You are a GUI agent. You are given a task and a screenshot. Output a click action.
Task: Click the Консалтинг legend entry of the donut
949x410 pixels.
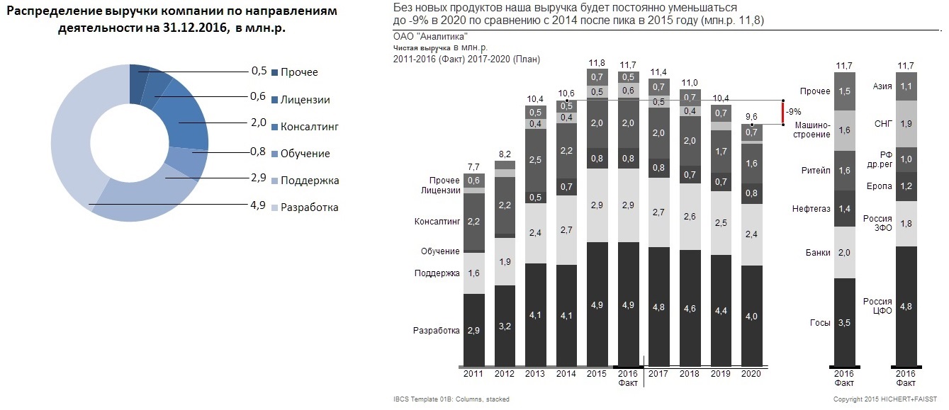[x=310, y=127]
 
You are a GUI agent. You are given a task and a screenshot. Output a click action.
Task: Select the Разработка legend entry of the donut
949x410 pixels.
[x=309, y=207]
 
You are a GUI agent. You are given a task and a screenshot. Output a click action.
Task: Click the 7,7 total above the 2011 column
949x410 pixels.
[x=473, y=167]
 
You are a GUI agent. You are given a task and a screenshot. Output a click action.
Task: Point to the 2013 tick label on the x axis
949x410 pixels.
[x=535, y=373]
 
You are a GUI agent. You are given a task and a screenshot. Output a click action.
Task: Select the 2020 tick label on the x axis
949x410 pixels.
[x=751, y=373]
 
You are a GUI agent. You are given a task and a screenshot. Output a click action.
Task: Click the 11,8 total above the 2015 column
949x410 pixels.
[x=597, y=62]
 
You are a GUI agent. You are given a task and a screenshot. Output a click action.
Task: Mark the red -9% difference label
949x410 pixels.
[x=794, y=111]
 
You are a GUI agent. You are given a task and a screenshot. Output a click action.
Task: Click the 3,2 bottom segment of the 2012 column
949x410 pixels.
[x=504, y=326]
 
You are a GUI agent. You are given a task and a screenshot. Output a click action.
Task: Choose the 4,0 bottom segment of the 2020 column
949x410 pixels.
[x=751, y=316]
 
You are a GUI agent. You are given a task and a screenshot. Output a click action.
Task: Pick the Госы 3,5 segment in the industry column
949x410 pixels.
[x=844, y=322]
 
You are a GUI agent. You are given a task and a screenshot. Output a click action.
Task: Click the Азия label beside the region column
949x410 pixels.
[x=882, y=86]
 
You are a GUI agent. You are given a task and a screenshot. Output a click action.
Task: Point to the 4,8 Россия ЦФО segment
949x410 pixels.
[x=906, y=306]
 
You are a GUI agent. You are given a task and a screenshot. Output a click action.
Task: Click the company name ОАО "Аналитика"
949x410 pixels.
[x=429, y=36]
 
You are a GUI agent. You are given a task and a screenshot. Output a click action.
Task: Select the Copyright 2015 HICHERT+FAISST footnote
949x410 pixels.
[x=888, y=399]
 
